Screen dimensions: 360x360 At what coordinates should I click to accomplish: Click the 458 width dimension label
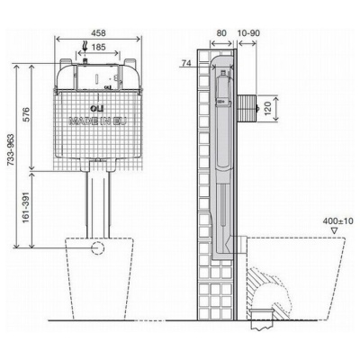click(x=98, y=32)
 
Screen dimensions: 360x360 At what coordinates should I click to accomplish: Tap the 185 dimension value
click(x=98, y=47)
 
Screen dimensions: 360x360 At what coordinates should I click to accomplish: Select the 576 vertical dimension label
click(x=26, y=114)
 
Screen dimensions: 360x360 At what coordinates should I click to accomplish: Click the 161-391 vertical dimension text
click(x=26, y=207)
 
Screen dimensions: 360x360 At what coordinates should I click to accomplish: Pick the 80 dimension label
click(x=221, y=32)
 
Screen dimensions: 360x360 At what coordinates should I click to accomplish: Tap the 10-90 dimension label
click(x=248, y=32)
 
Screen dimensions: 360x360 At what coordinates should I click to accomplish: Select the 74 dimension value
click(x=186, y=63)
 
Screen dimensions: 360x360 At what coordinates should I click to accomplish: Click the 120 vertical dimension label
click(x=267, y=108)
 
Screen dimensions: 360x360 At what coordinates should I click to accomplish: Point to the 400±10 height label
click(x=338, y=221)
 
